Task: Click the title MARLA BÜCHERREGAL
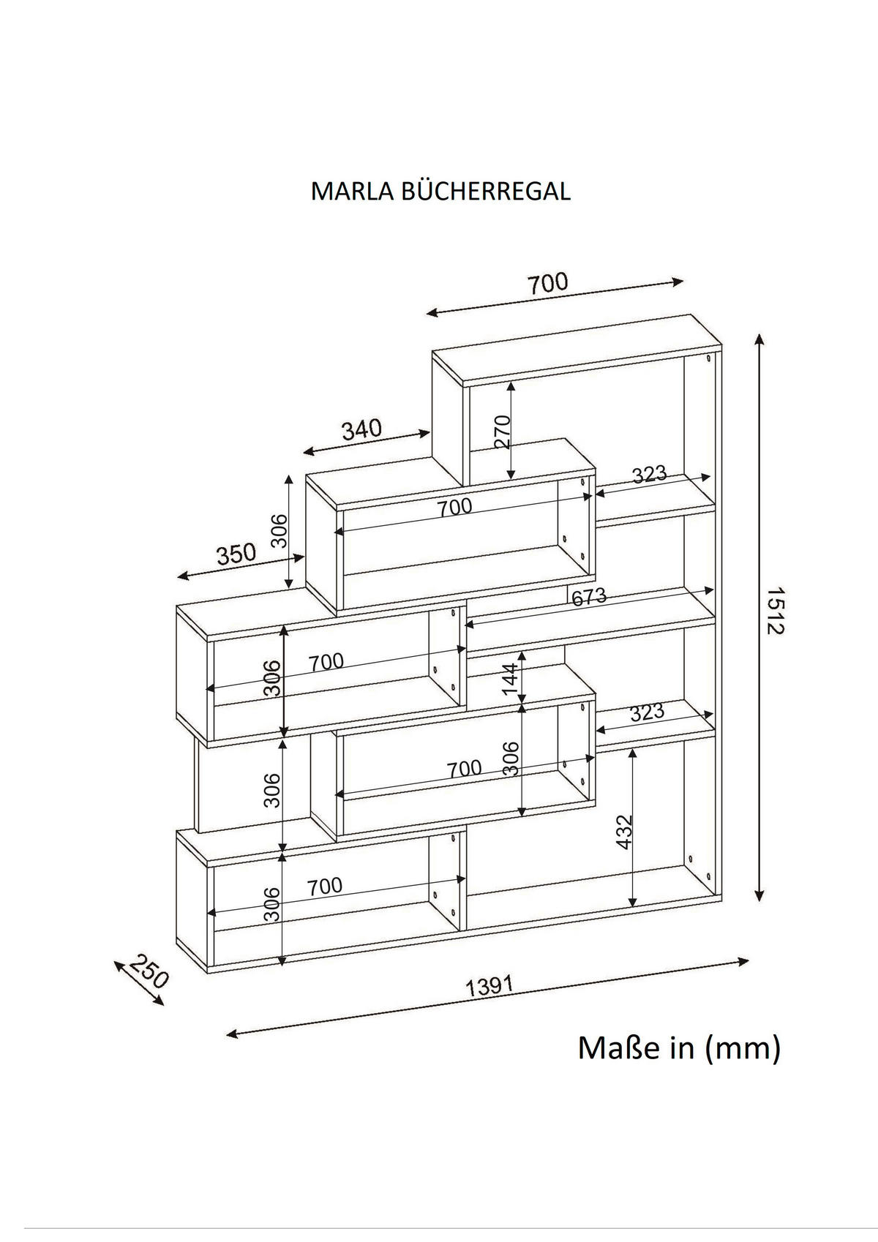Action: point(440,191)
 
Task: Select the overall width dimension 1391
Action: point(490,987)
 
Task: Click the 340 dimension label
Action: point(362,429)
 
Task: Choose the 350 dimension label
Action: point(236,554)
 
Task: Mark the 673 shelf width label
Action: point(589,597)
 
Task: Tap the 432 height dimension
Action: point(623,832)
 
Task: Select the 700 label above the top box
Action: point(548,283)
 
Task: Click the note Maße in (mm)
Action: point(679,1047)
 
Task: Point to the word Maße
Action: point(617,1047)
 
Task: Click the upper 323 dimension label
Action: point(650,475)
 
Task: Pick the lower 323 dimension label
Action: point(647,712)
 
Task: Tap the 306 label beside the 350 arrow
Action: point(279,530)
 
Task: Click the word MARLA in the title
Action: point(353,191)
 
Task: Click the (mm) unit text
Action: point(743,1047)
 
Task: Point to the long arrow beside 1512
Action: point(760,617)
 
